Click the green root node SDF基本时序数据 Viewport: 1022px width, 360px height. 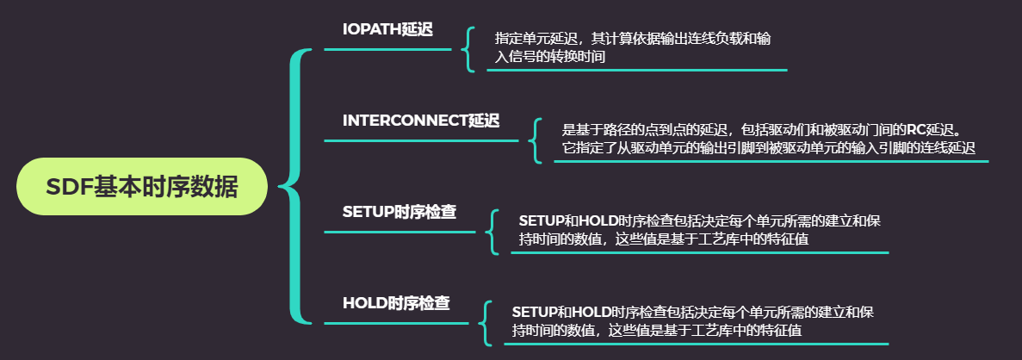(142, 186)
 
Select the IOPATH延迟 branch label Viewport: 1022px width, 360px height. (387, 29)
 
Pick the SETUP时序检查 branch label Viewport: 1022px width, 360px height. (400, 211)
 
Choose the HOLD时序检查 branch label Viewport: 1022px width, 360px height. (396, 303)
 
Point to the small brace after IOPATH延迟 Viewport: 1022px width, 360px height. (468, 48)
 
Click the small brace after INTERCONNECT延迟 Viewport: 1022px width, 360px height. (535, 140)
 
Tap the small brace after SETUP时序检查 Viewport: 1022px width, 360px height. (492, 231)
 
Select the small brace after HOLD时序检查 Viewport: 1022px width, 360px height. (485, 322)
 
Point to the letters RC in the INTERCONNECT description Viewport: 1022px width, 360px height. (916, 130)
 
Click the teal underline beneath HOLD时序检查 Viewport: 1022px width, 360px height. (397, 323)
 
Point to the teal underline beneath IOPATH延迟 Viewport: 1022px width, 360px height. (387, 49)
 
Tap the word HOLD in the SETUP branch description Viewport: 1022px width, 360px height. (593, 221)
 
